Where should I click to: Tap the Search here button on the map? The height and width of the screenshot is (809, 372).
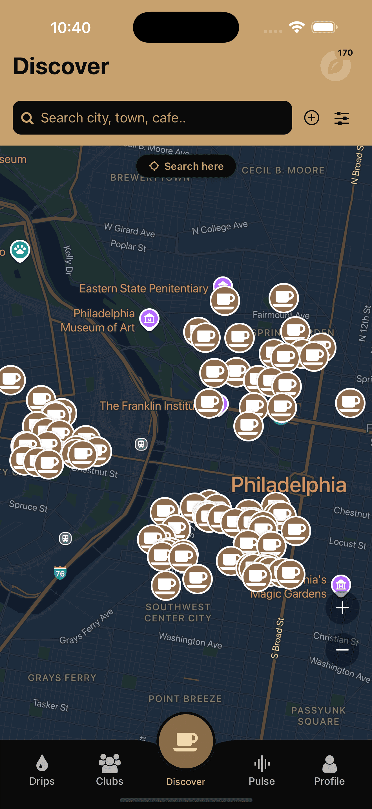click(x=186, y=166)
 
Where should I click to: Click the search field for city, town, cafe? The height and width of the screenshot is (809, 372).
click(x=152, y=118)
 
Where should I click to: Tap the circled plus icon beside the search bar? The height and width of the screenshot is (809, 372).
click(x=311, y=118)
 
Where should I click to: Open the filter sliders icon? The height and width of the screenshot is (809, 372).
click(x=342, y=118)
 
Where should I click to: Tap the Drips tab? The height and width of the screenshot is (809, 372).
click(x=42, y=770)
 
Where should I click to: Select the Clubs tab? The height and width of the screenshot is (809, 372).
click(x=109, y=770)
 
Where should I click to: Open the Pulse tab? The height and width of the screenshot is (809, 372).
click(x=262, y=770)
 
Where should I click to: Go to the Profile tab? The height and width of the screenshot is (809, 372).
click(x=329, y=770)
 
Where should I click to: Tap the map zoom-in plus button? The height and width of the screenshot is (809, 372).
click(x=342, y=608)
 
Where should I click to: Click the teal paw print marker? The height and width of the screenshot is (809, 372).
click(x=20, y=250)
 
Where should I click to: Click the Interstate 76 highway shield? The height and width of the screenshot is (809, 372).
click(x=60, y=573)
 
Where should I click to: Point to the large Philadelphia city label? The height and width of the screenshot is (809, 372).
click(x=289, y=485)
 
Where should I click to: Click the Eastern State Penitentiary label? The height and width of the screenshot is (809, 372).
click(x=144, y=288)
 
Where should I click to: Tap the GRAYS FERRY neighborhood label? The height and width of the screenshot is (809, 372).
click(x=62, y=678)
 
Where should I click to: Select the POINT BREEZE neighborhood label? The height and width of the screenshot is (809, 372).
click(x=185, y=699)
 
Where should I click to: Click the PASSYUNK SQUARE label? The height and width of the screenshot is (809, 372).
click(x=318, y=716)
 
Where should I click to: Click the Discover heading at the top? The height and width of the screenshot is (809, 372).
click(x=61, y=66)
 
